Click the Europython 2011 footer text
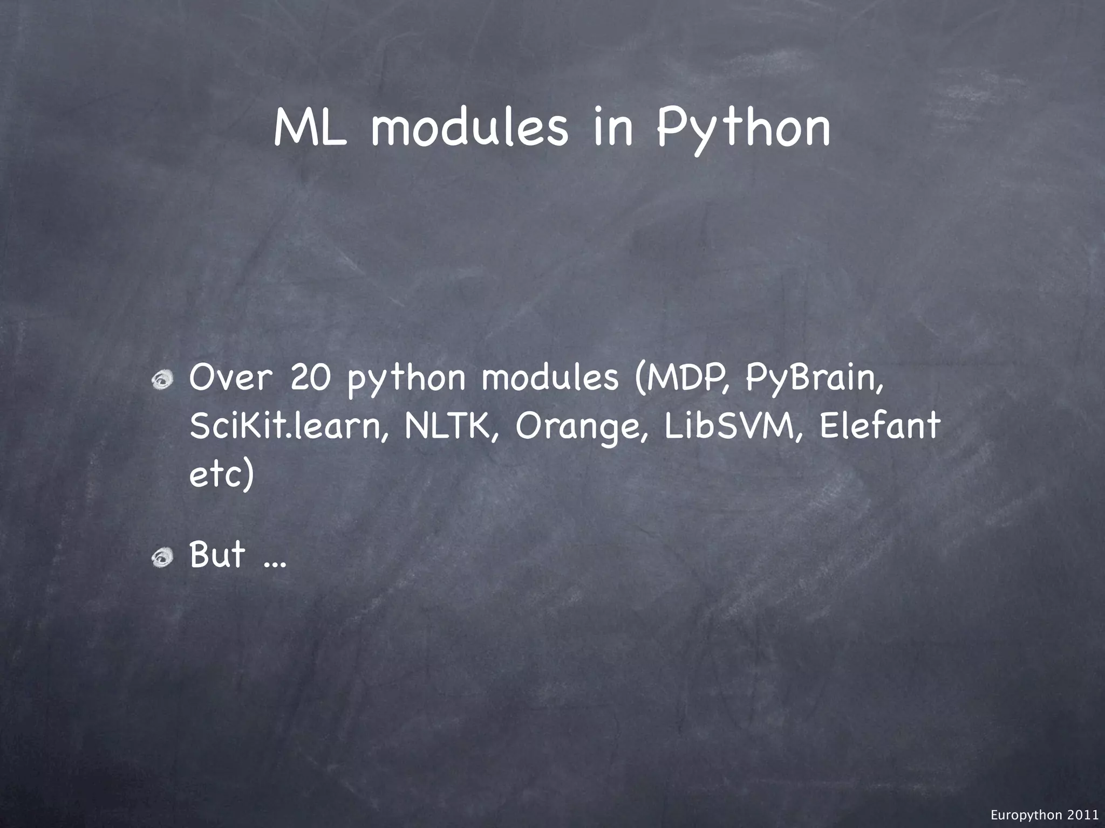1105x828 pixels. [x=1045, y=816]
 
